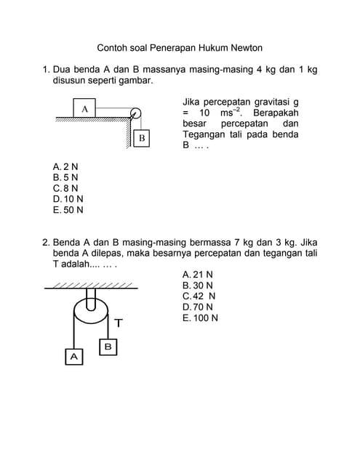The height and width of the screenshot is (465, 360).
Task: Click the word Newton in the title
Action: [x=247, y=48]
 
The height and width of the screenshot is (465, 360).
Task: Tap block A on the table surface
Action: [x=84, y=108]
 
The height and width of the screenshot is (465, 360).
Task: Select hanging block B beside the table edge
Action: [x=142, y=138]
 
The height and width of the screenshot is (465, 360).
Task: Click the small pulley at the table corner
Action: [x=135, y=113]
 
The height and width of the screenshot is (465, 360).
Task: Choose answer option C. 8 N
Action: [x=65, y=188]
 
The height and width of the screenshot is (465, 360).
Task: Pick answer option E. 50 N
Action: [x=68, y=210]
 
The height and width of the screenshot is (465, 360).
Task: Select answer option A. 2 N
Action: [x=65, y=166]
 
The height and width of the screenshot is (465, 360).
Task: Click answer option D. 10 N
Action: [x=68, y=199]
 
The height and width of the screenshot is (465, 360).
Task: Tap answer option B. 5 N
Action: [x=65, y=177]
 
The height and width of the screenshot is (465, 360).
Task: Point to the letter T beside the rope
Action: [x=119, y=323]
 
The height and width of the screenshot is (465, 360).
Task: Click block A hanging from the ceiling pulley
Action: [x=74, y=357]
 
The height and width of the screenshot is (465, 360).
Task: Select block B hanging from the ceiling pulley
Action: [x=108, y=347]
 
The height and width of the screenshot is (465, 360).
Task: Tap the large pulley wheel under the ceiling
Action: [x=91, y=312]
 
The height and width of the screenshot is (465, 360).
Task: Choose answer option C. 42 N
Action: [x=199, y=296]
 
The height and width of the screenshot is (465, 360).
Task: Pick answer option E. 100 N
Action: [x=200, y=318]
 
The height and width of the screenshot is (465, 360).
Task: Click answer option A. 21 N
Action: [x=198, y=275]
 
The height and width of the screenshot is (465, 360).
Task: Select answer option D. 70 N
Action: [x=198, y=307]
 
